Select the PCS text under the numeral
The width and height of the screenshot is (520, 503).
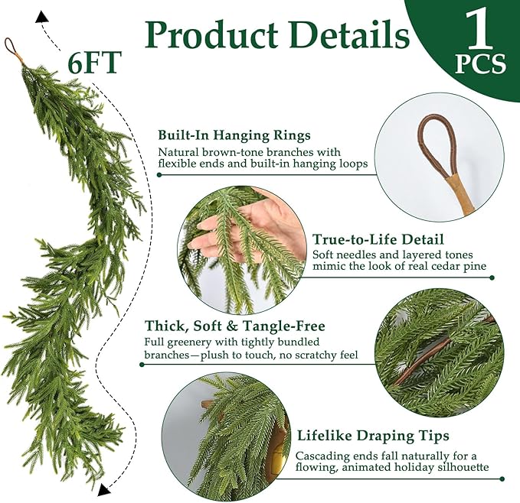[480, 64]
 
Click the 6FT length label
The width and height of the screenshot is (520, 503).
[94, 63]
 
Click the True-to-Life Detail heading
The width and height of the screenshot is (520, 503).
[378, 239]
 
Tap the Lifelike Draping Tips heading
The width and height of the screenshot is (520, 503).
[372, 436]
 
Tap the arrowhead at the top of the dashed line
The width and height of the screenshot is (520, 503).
[41, 15]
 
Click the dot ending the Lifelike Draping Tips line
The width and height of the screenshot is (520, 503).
[502, 479]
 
